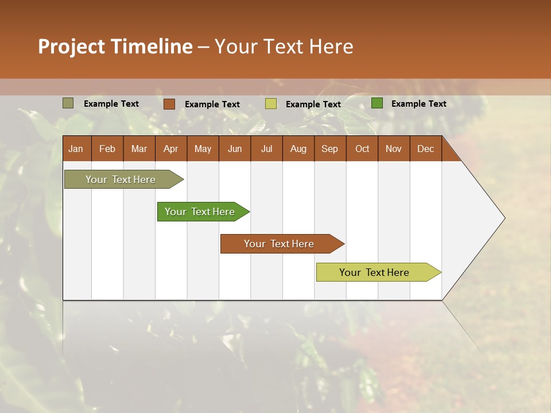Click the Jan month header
point(76,149)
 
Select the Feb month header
point(107,149)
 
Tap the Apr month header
point(170,149)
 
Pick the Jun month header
point(235,149)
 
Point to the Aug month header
point(298,149)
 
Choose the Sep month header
point(329,149)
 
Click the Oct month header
point(362,149)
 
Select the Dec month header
point(425,149)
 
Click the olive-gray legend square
point(68,103)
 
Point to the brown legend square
point(169,104)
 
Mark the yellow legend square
point(271,104)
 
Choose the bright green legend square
point(377,103)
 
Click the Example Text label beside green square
point(418,104)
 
